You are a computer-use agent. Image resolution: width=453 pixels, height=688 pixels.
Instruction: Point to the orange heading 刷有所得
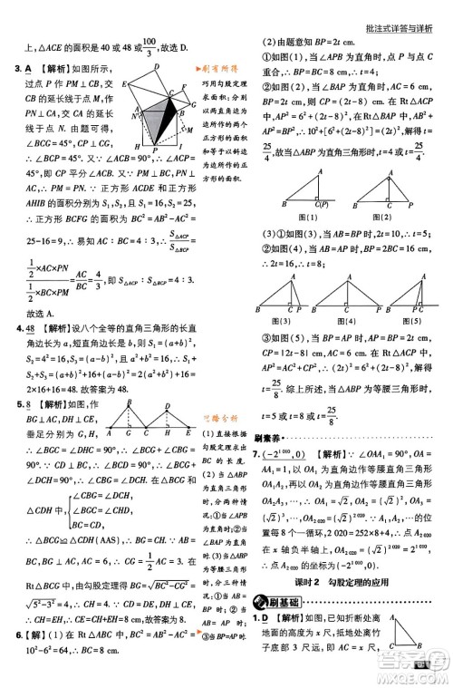[x=218, y=70]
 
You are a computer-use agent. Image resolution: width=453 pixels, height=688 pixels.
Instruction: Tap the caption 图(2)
[x=384, y=217]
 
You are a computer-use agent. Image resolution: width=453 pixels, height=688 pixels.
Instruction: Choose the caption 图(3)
[x=284, y=322]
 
